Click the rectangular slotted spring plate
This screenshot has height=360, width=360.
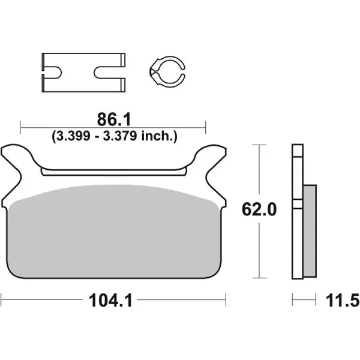click(84, 72)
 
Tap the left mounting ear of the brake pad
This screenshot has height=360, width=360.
click(17, 159)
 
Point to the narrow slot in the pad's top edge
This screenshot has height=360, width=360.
click(114, 172)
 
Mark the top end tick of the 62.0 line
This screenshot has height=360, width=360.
click(259, 145)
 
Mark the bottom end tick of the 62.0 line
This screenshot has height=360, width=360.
click(259, 278)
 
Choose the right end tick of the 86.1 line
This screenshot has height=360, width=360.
click(206, 127)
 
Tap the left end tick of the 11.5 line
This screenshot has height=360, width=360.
click(292, 298)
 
